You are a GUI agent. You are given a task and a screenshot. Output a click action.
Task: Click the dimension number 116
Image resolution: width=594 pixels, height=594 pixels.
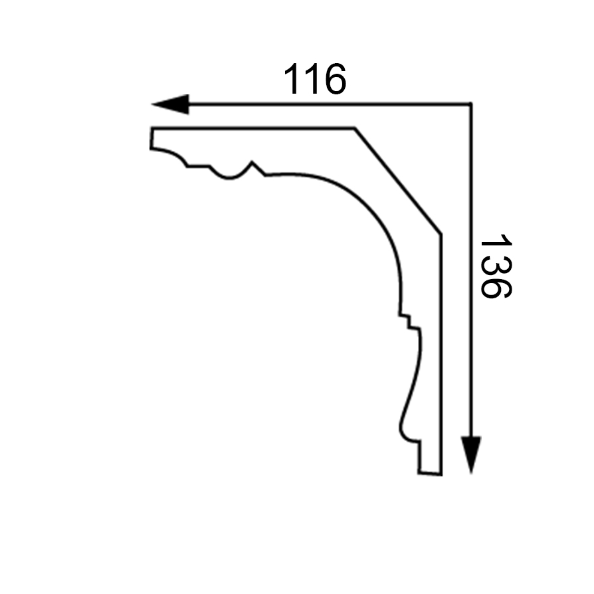click(315, 79)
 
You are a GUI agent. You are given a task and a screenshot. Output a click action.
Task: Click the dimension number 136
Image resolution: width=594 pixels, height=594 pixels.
click(496, 266)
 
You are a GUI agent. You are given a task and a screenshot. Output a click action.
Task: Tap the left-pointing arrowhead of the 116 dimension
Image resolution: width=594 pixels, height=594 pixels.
click(170, 104)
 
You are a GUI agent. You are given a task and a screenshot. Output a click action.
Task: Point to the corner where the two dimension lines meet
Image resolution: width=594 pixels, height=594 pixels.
click(471, 104)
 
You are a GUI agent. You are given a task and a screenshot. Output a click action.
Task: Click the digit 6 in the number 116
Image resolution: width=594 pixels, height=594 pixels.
click(336, 79)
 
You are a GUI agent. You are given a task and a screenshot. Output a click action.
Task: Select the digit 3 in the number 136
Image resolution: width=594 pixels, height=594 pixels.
click(496, 266)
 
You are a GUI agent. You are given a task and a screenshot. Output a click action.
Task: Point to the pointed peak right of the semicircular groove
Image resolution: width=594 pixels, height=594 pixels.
click(252, 162)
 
